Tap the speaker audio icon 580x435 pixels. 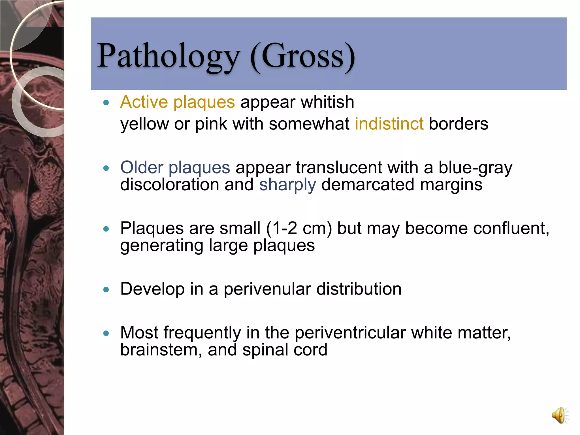click(x=560, y=416)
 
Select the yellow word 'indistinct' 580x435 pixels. click(x=389, y=124)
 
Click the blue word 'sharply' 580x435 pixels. click(x=287, y=185)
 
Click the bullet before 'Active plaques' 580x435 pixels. click(x=106, y=103)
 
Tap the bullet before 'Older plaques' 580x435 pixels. click(x=106, y=168)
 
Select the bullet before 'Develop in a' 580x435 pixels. click(x=106, y=289)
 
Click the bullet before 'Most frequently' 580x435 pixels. click(x=106, y=333)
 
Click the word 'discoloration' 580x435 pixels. click(x=170, y=185)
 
